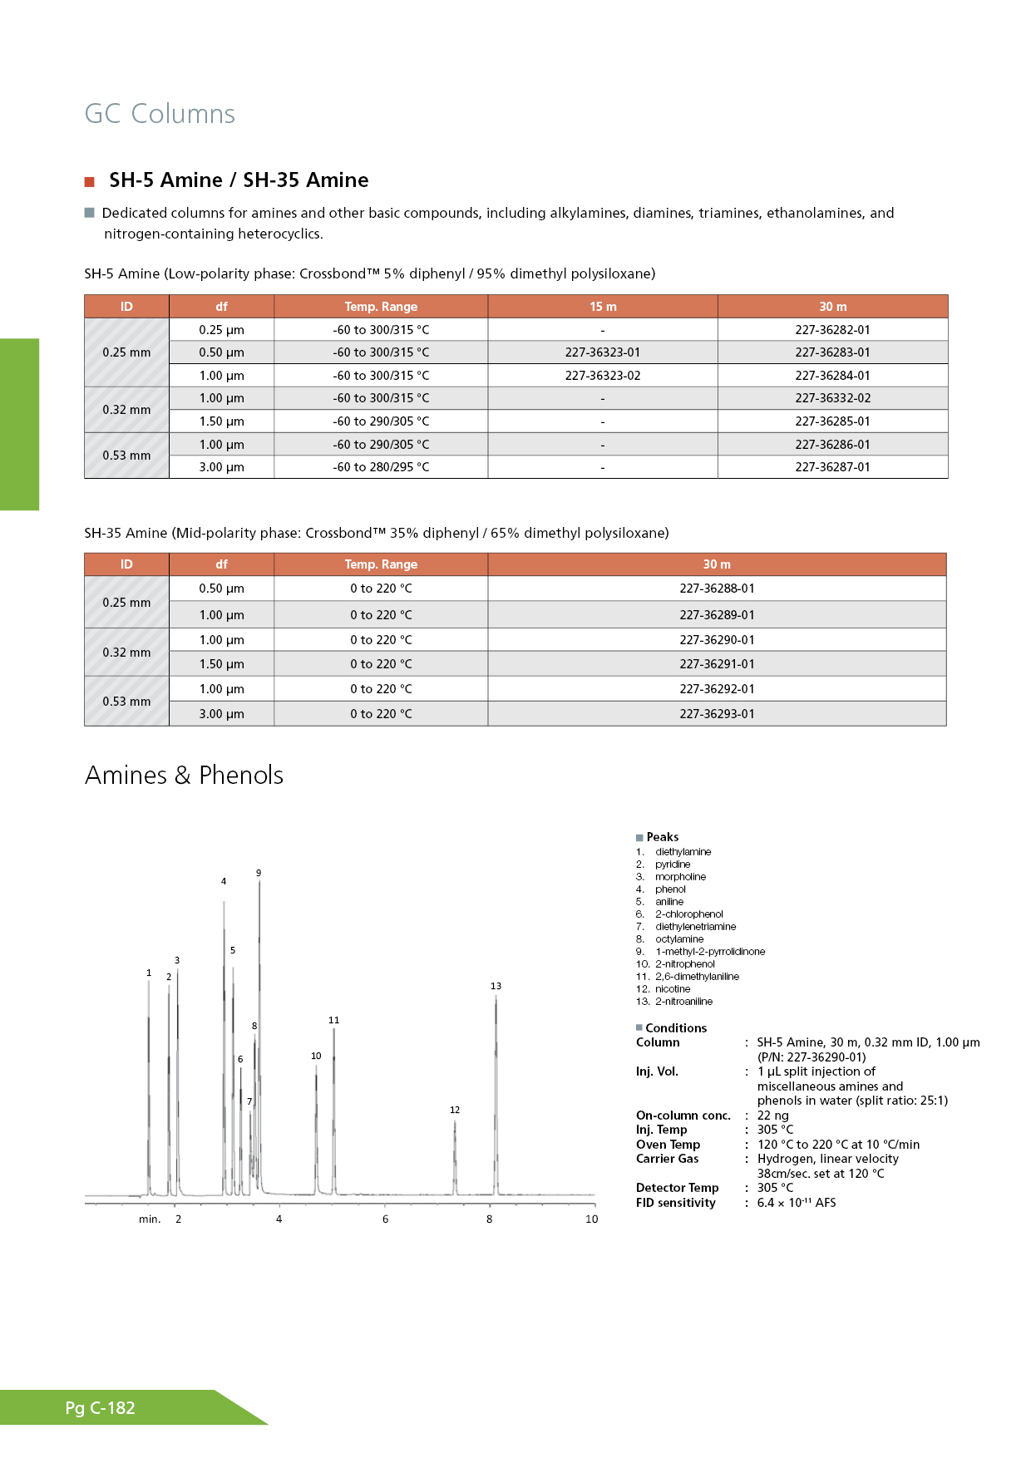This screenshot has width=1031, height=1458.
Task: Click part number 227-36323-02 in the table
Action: [603, 376]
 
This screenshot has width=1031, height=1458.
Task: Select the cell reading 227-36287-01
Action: [832, 467]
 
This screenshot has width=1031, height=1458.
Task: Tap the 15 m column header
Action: [603, 307]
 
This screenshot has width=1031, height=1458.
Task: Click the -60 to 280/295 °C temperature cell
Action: [381, 467]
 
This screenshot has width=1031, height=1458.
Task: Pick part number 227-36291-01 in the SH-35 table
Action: [717, 664]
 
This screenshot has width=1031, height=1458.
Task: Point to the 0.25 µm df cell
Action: [221, 330]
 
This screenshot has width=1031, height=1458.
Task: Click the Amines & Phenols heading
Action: [184, 776]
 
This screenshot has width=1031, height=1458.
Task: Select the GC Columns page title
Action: [160, 114]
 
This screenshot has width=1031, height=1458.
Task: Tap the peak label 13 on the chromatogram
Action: [496, 986]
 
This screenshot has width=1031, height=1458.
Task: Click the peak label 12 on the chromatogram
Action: [455, 1110]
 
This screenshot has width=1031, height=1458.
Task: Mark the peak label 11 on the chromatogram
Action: [333, 1020]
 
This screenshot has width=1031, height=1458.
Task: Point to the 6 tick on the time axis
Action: [385, 1219]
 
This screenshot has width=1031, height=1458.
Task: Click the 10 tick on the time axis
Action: [591, 1219]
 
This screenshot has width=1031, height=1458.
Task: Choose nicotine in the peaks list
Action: [673, 989]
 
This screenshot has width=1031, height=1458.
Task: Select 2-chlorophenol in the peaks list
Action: [688, 914]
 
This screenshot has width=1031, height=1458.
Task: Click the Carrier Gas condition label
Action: [667, 1159]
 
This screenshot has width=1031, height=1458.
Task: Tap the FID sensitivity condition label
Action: [675, 1203]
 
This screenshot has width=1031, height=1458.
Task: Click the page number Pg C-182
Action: [100, 1408]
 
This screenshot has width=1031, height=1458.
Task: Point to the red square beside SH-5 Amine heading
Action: [90, 182]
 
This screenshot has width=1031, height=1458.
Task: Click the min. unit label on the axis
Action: [150, 1219]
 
